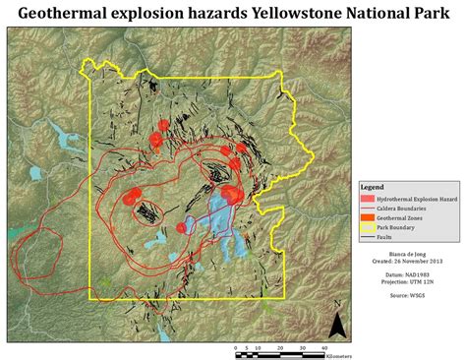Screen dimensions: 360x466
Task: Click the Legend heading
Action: pos(373,186)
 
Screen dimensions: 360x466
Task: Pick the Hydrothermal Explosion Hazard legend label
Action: pos(417,198)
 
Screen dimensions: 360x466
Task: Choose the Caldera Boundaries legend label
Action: pos(405,209)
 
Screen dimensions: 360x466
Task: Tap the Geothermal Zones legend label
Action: pos(402,218)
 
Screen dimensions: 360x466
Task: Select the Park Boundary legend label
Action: pos(400,228)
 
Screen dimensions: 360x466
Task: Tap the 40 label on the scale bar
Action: pos(323,346)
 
